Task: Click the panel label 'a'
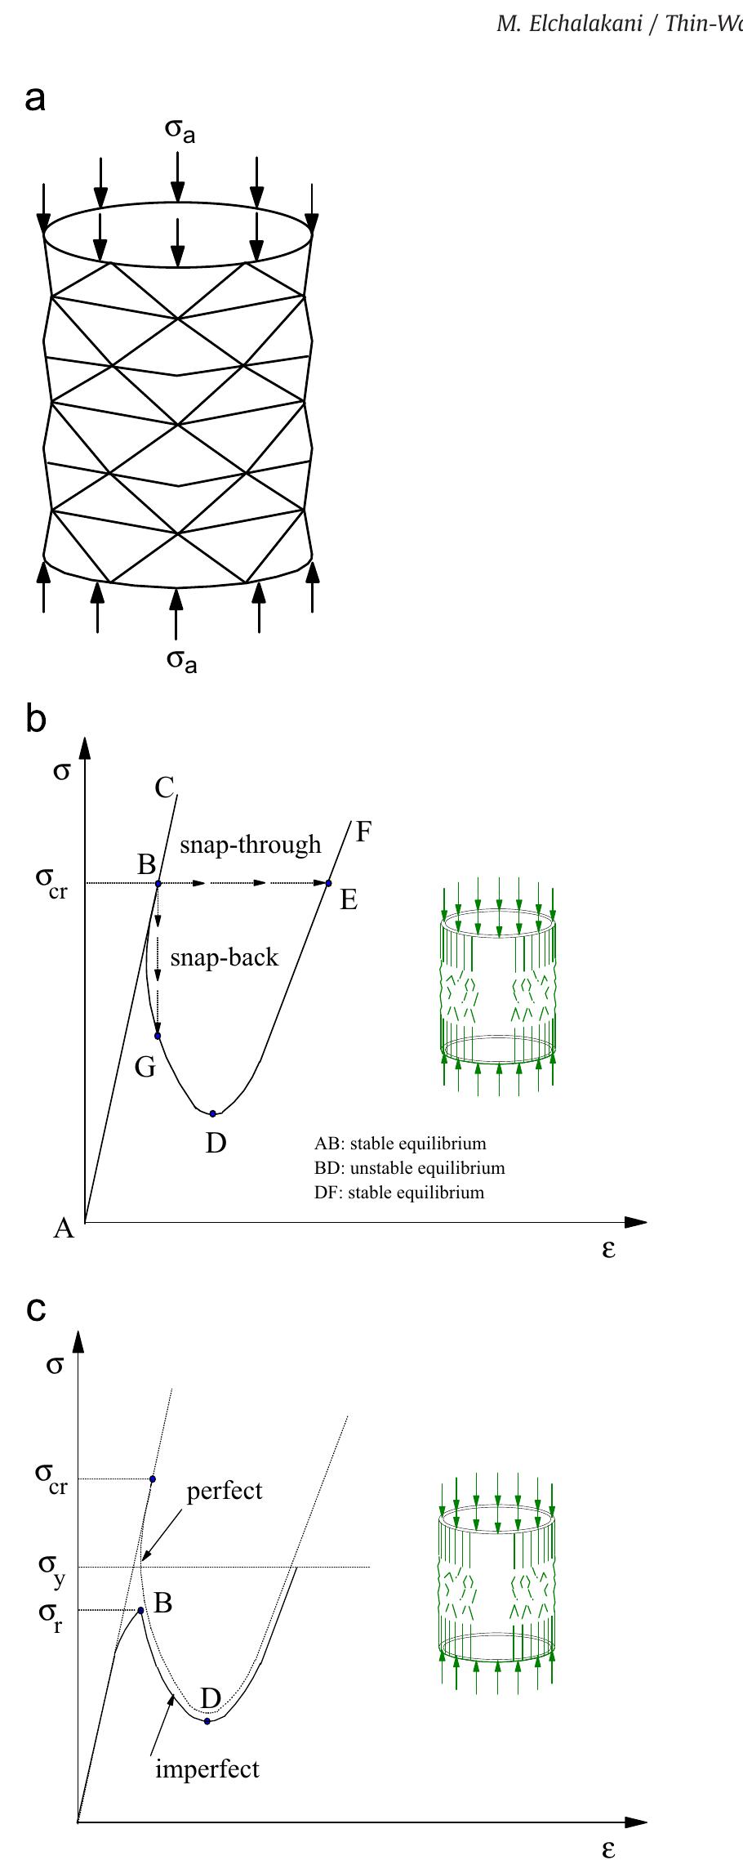pyautogui.click(x=35, y=100)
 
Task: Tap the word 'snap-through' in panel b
pyautogui.click(x=251, y=845)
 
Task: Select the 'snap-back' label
pyautogui.click(x=225, y=957)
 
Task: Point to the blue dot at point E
pyautogui.click(x=329, y=883)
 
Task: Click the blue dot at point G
pyautogui.click(x=158, y=1036)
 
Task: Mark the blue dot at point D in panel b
pyautogui.click(x=213, y=1113)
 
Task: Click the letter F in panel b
pyautogui.click(x=363, y=832)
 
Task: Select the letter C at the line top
pyautogui.click(x=164, y=788)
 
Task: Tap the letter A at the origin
pyautogui.click(x=64, y=1228)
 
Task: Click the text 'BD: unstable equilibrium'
pyautogui.click(x=409, y=1168)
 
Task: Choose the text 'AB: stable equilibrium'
pyautogui.click(x=399, y=1144)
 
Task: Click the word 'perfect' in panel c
pyautogui.click(x=225, y=1492)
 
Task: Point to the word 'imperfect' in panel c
pyautogui.click(x=207, y=1769)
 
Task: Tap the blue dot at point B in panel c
pyautogui.click(x=140, y=1610)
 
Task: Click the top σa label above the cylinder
pyautogui.click(x=180, y=132)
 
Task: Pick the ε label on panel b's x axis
pyautogui.click(x=608, y=1249)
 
